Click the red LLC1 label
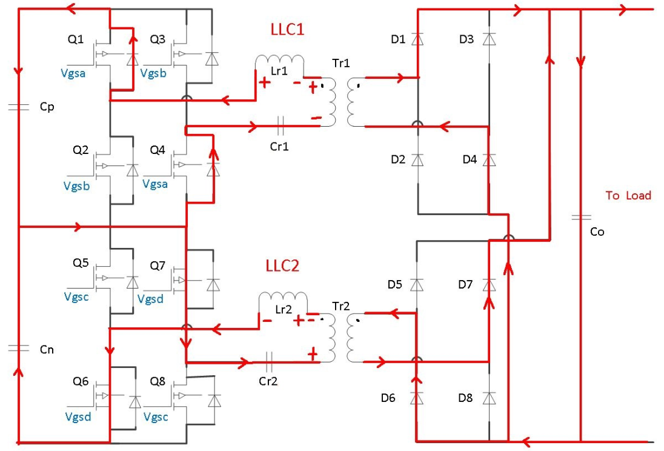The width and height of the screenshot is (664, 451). [x=287, y=30]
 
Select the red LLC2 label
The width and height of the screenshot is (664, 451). [x=283, y=266]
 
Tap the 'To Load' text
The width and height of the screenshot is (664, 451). [x=628, y=195]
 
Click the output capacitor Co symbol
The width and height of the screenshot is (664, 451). [x=580, y=216]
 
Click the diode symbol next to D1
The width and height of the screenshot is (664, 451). [x=417, y=39]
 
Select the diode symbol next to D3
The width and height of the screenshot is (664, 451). [x=490, y=39]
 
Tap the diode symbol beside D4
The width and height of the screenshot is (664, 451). [x=490, y=159]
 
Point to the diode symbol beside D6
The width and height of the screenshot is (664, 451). [x=417, y=398]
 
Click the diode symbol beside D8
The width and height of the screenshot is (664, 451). [x=490, y=398]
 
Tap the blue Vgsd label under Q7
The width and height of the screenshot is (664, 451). [x=150, y=299]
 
